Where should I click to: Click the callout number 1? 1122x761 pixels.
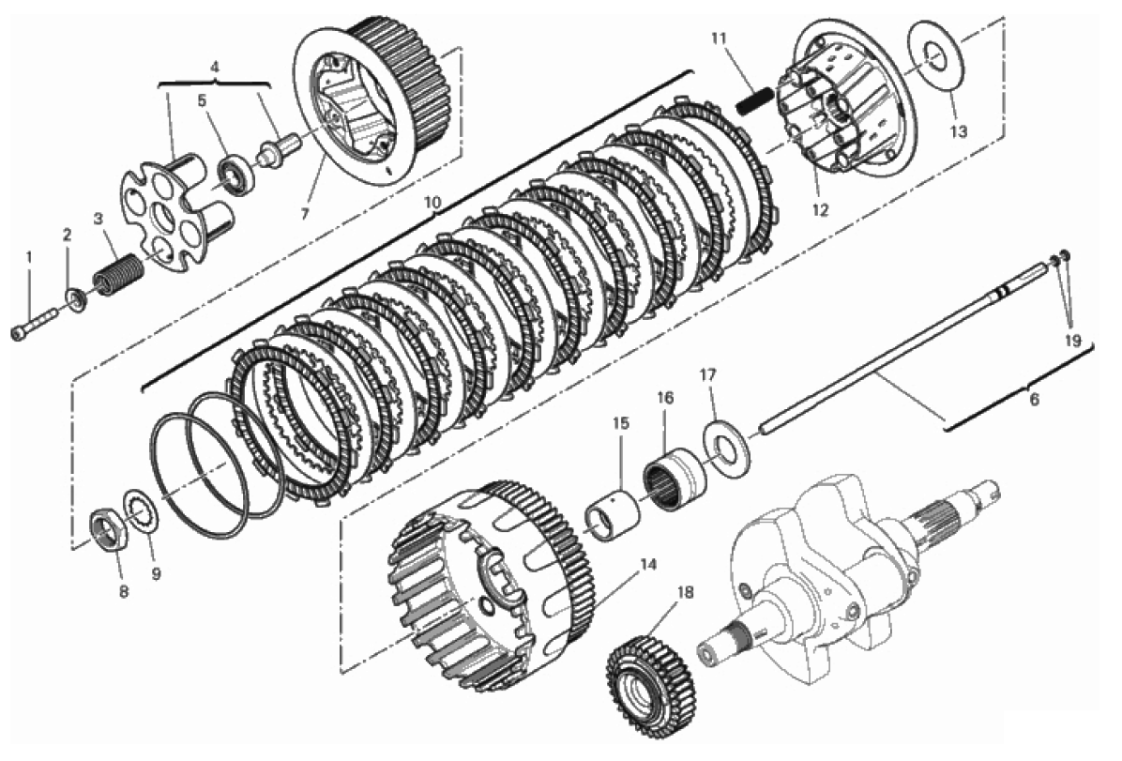click(x=29, y=256)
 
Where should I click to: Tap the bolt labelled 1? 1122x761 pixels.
click(x=35, y=323)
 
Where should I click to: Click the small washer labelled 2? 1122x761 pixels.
click(x=76, y=297)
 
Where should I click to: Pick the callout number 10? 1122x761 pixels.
click(x=432, y=203)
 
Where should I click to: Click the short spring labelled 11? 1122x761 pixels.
click(x=755, y=100)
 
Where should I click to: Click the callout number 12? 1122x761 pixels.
click(x=820, y=210)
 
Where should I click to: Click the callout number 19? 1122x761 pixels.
click(x=1072, y=341)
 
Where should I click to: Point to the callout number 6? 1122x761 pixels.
click(x=1034, y=400)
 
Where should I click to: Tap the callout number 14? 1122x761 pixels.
click(x=647, y=564)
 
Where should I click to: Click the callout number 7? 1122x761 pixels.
click(x=305, y=214)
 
